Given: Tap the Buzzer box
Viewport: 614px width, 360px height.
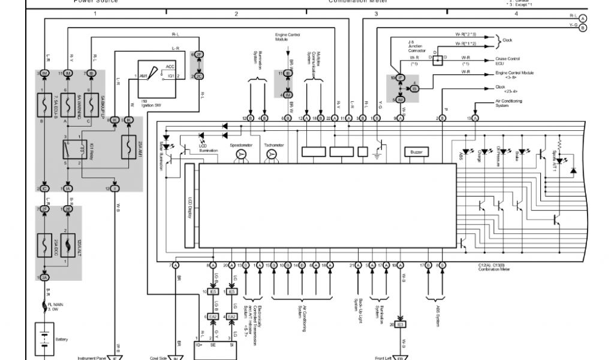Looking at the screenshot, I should point(416,152).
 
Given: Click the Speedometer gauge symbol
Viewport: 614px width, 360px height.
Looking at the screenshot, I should point(241,155).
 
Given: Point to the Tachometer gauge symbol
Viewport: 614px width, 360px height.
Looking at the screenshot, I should point(272,155).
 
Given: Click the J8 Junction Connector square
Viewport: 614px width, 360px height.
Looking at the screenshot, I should point(438,59).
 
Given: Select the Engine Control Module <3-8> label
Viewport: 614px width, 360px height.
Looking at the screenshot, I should point(514,75).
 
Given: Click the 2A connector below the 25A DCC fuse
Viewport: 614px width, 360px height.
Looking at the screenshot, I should point(44,277).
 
